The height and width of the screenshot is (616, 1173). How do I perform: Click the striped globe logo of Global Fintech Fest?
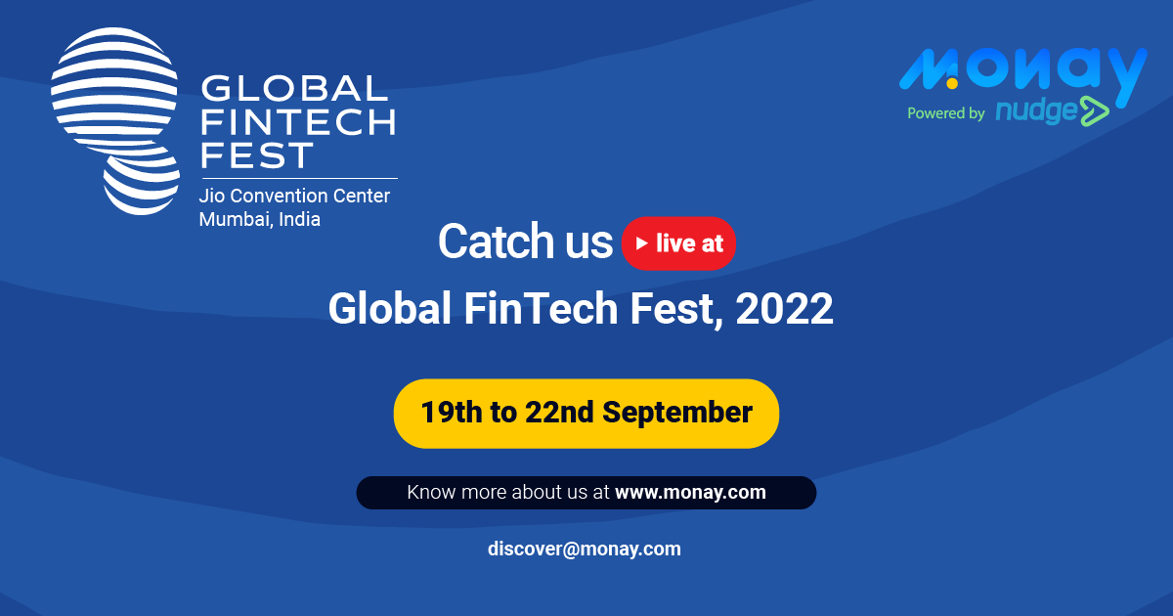115,120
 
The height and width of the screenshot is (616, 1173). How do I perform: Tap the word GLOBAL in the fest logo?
295,88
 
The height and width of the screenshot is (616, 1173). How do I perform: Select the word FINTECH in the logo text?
298,122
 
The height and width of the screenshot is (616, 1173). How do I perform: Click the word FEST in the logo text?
256,155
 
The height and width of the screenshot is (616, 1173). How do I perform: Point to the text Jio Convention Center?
294,196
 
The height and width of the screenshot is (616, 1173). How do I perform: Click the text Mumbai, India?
259,219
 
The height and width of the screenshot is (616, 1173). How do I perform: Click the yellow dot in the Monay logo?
952,83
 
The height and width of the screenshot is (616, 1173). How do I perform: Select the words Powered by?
946,113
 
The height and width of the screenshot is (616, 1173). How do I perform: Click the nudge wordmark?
1037,110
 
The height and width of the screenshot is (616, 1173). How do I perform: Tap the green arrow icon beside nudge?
1095,111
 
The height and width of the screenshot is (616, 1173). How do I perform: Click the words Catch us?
525,242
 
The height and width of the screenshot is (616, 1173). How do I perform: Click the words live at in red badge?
689,243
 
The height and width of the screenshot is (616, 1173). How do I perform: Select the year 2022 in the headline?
784,309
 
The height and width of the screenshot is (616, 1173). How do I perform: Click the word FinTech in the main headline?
541,309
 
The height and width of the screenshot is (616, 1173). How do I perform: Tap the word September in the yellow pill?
677,413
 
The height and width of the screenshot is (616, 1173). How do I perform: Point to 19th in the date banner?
452,413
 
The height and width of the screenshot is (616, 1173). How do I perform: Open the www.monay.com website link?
690,493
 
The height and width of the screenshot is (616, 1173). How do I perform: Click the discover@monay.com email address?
585,549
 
